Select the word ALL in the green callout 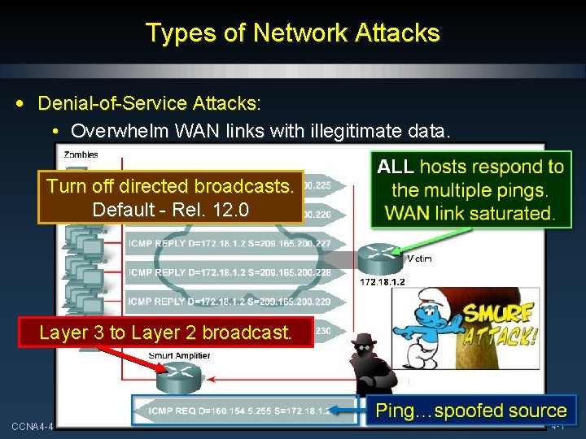coord(396,167)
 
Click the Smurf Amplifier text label coord(179,355)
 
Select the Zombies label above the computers coord(81,154)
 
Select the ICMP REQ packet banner coord(244,411)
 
